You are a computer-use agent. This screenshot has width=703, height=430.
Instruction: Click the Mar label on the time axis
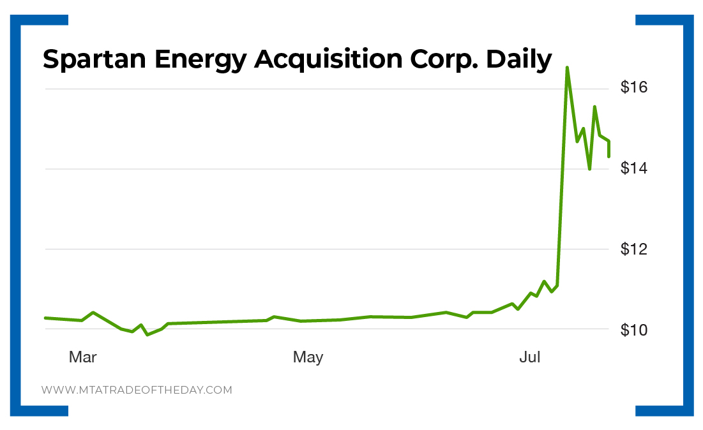point(82,357)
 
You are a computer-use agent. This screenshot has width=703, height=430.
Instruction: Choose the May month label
point(308,357)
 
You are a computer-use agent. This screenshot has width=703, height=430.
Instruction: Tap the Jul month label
point(530,357)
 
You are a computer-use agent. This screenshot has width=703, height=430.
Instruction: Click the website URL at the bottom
point(137,390)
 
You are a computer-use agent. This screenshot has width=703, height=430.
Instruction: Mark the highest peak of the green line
point(567,67)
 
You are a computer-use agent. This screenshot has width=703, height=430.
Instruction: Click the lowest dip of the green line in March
point(147,334)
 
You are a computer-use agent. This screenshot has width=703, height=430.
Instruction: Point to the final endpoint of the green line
point(609,156)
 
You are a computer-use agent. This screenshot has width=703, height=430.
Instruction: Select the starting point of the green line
point(45,318)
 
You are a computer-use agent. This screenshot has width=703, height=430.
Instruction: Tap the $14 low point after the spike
point(589,168)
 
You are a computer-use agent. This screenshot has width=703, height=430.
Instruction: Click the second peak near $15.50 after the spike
point(594,107)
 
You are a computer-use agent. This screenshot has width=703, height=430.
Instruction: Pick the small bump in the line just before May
point(274,316)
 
